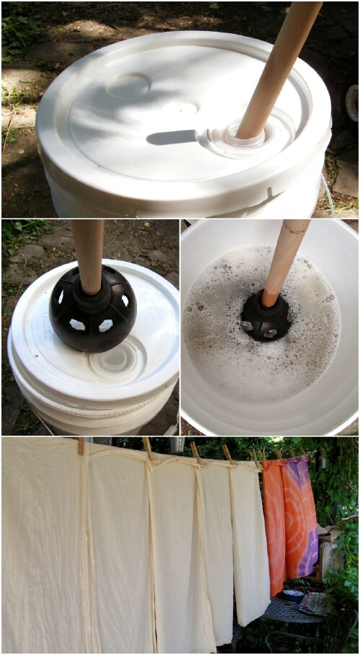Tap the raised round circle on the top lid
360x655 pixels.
coord(128,85)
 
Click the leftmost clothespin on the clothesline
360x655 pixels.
coord(81,446)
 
